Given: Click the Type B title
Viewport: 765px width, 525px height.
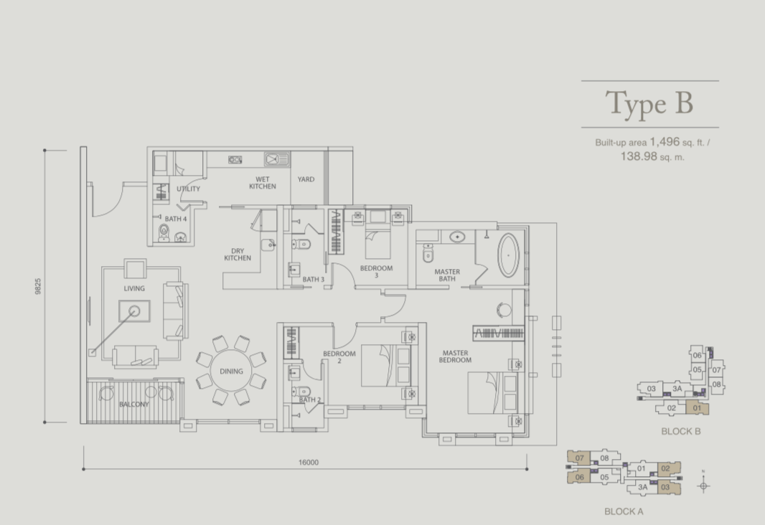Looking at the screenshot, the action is tap(649, 103).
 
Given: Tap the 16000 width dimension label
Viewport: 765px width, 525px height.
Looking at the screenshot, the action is tap(309, 462).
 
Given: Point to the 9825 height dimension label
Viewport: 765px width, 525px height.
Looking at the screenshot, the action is tap(38, 286).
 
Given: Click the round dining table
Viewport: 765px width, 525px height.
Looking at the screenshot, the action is tap(231, 371).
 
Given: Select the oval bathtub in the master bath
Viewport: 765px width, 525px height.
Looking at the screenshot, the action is tap(508, 255).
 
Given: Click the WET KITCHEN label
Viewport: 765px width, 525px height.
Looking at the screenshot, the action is tap(263, 183).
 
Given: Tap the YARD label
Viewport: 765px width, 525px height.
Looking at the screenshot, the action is tap(306, 179).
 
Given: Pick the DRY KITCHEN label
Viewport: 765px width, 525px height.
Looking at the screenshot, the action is tap(238, 255).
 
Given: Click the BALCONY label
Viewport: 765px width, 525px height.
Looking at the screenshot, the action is tap(133, 404).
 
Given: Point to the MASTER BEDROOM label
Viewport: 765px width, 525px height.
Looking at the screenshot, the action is tap(455, 356).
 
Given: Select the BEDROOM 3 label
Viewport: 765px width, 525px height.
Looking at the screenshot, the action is tap(376, 272).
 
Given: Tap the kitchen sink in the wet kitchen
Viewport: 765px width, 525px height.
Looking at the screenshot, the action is tap(276, 159).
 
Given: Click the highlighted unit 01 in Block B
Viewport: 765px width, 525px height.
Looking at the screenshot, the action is tap(697, 407).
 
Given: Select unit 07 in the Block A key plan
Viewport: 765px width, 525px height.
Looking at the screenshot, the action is tap(579, 458).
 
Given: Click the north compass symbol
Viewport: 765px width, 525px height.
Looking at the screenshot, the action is tap(703, 485).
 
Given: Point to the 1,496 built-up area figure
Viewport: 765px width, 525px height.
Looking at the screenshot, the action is tap(665, 142).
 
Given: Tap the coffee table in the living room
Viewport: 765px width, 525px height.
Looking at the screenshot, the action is tap(134, 311).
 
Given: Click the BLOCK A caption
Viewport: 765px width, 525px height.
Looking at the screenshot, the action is tap(624, 511).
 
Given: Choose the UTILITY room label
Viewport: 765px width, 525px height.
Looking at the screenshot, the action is tap(188, 189).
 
